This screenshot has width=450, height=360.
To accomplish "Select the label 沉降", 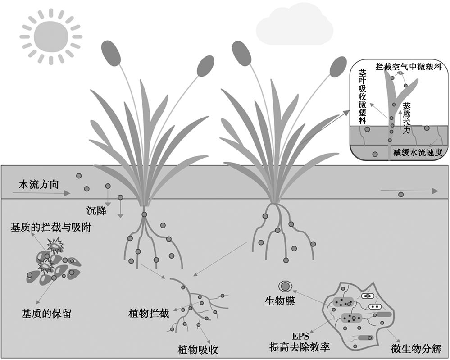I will [x=96, y=210].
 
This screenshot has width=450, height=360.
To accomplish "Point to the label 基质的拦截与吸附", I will [x=51, y=228].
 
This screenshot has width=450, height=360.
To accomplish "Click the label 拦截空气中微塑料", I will [x=408, y=67].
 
